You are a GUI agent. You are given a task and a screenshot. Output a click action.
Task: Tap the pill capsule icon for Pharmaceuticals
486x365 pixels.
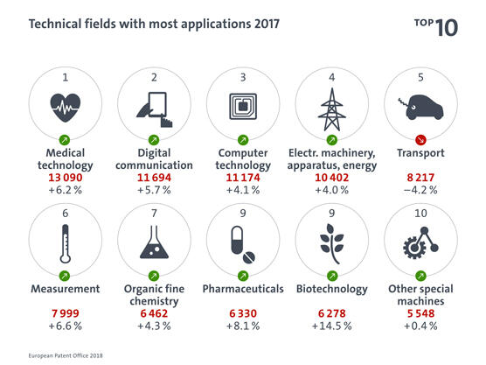coord(242,242)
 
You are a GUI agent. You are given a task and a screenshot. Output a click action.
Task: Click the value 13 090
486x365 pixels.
coord(65,176)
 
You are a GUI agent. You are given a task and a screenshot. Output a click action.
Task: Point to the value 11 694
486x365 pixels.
coord(154,176)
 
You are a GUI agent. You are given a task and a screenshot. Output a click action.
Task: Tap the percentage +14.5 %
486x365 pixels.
coord(332,326)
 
